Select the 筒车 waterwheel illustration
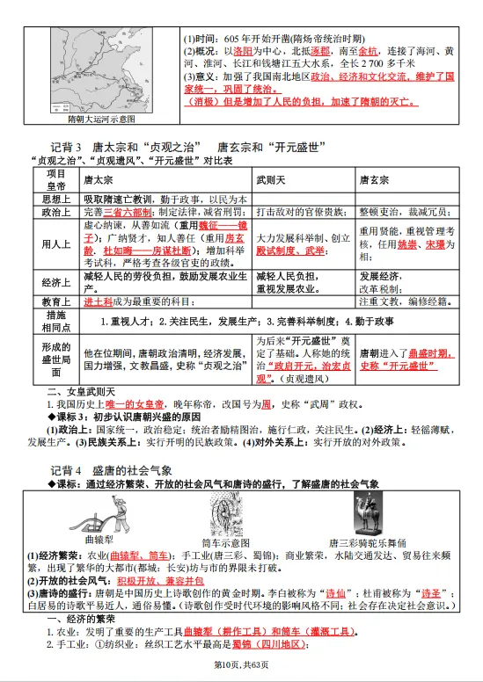pos(227,513)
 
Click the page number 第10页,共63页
pos(241,673)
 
